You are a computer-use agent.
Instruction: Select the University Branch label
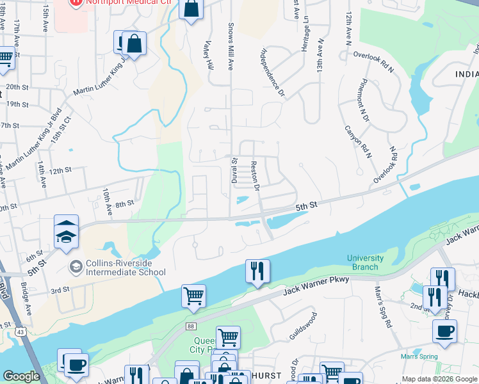point(365,262)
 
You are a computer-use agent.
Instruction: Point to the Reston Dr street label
point(255,175)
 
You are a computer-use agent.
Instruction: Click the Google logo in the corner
point(21,376)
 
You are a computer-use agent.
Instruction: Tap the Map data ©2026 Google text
point(439,379)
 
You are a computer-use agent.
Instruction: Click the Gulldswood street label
point(303,326)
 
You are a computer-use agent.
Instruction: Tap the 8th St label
point(124,203)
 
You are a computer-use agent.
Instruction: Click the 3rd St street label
point(60,290)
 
